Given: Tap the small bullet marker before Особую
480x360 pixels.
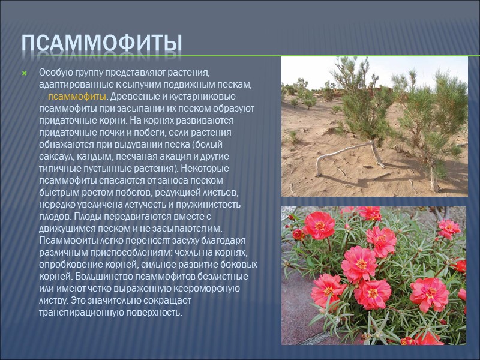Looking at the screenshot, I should (25, 73).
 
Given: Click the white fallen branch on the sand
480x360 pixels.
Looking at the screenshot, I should (344, 151).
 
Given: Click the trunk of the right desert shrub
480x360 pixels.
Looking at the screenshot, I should (434, 178).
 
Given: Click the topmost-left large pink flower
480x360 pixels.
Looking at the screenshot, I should (319, 224).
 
